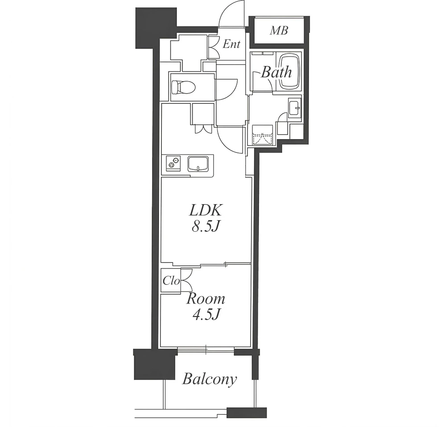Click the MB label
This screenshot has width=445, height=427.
[279, 30]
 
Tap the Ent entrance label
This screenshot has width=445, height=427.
[231, 44]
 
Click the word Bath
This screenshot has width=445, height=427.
[276, 72]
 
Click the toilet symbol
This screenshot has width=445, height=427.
[184, 87]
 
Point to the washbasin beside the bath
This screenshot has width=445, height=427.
[295, 107]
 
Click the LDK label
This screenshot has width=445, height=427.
[205, 210]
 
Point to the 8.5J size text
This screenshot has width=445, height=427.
[206, 227]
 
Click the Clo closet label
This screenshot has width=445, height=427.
[171, 281]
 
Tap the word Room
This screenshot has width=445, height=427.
[206, 299]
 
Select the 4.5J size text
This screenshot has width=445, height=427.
[206, 315]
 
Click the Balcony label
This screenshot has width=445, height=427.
[210, 379]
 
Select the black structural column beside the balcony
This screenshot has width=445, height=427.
[154, 364]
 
